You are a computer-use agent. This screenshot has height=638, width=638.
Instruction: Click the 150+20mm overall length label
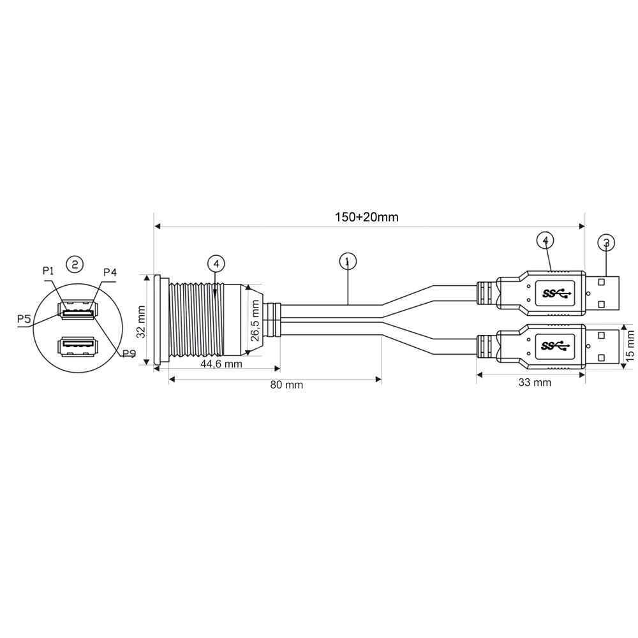tap(367, 217)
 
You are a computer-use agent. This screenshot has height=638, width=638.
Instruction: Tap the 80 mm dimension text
tap(286, 385)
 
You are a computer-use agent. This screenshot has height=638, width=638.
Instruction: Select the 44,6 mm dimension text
tap(221, 364)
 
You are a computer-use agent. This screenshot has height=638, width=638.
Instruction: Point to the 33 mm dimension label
tap(535, 382)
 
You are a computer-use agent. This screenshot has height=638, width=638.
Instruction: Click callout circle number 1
tap(348, 262)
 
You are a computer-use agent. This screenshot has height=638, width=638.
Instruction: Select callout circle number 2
tap(75, 265)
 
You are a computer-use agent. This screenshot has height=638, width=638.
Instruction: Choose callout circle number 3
tap(606, 243)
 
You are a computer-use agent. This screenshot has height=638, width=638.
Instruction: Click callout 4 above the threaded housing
tap(216, 263)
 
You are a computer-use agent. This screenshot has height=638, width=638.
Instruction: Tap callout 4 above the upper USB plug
tap(545, 240)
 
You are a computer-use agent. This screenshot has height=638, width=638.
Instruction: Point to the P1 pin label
tap(48, 271)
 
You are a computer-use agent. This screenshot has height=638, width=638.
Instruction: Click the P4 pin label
tap(110, 272)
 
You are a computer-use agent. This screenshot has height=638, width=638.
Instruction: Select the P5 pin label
tap(24, 318)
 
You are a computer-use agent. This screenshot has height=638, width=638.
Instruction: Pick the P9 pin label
tap(129, 353)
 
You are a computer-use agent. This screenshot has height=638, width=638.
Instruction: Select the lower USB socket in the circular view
tap(78, 346)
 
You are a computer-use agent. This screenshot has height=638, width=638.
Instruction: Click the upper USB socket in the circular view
tap(78, 311)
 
